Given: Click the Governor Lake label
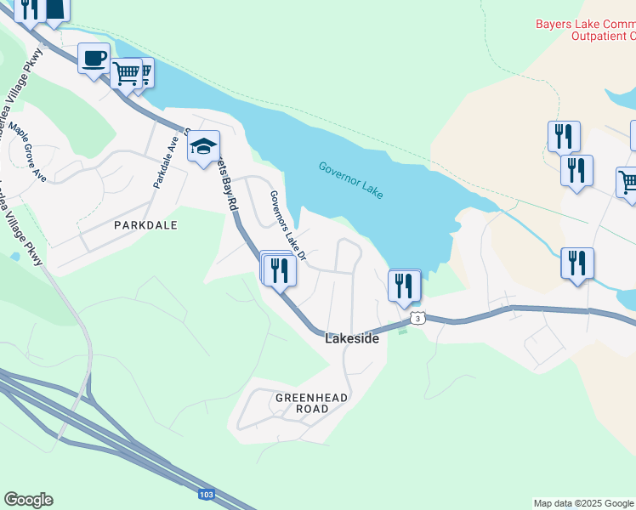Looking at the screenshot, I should pos(351,180).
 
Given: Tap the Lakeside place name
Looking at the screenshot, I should pos(351,338).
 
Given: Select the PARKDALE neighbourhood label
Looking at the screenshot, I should pos(145,225).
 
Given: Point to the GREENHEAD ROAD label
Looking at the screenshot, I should pos(301,403).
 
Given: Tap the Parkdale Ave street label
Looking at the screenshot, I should pos(164,163).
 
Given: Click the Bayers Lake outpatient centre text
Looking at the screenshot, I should pos(586,30).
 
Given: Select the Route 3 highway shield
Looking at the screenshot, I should pos(416,318).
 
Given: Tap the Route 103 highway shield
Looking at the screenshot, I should pos(206,494).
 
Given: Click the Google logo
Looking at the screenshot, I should pos(28,500).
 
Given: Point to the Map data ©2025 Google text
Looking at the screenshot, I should pos(584,503).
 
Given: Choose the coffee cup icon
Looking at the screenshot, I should pos(94,59).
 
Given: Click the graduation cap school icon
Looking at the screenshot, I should pos(204,146).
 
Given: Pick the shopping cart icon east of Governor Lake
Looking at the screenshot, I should pos(628,182).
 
